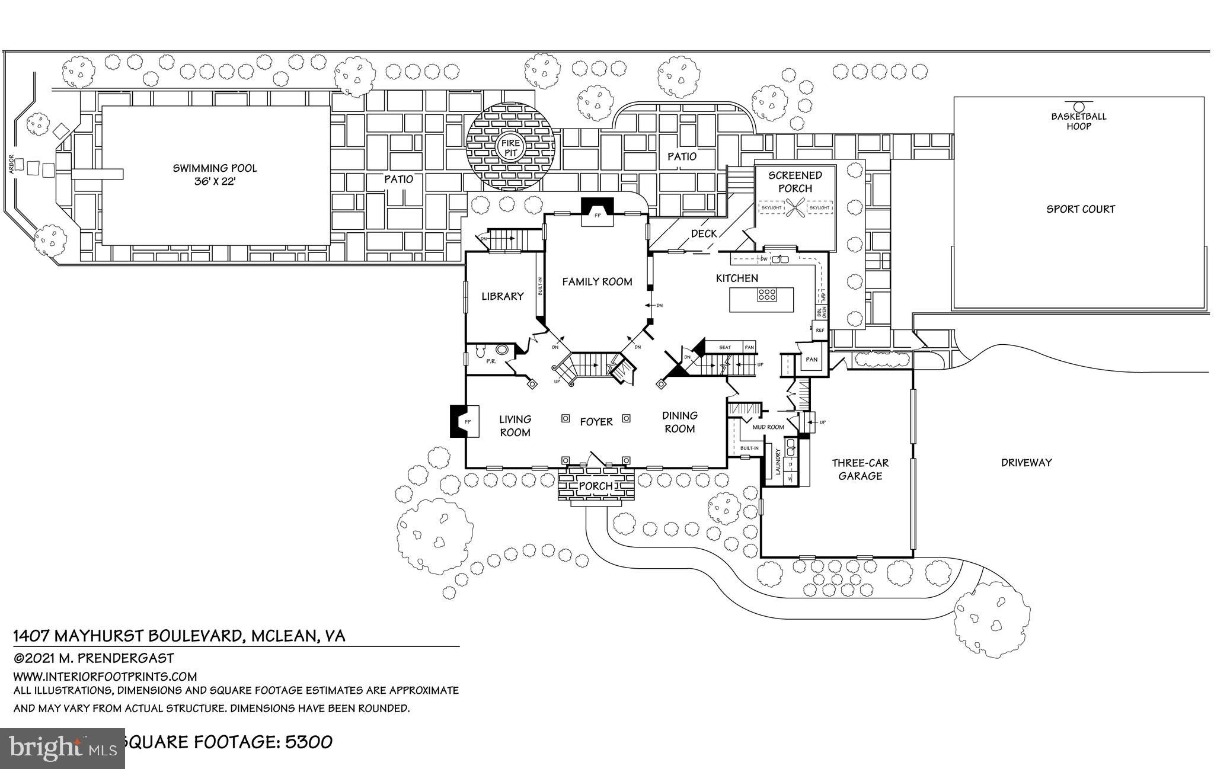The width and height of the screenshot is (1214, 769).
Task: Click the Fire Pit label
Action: pos(510,148)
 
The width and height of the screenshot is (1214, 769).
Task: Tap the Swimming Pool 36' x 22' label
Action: pos(215,174)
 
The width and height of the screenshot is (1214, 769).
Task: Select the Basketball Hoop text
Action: pos(1079,121)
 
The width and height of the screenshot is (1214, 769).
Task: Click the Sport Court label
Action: pos(1080,209)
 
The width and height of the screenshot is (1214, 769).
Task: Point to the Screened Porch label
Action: pos(795,181)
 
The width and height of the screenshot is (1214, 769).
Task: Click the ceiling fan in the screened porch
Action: pos(796,208)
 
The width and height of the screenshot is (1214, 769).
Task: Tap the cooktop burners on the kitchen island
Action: pos(766,295)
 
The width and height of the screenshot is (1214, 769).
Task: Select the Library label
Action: pos(502,296)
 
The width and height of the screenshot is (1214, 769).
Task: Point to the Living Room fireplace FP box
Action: pos(467,421)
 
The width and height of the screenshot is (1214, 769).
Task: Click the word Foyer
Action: pos(596,422)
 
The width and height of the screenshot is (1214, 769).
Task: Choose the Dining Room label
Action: pos(679,422)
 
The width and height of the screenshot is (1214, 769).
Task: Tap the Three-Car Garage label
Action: pos(860,469)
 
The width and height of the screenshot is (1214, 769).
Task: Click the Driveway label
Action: pos(1026,463)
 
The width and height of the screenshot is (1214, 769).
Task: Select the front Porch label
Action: pos(595,486)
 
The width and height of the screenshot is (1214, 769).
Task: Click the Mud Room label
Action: pos(768,427)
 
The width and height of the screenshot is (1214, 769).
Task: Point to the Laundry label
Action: pos(778,462)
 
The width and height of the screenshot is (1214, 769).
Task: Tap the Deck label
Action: pos(704,234)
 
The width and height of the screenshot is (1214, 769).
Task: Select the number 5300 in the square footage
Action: pos(309,742)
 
